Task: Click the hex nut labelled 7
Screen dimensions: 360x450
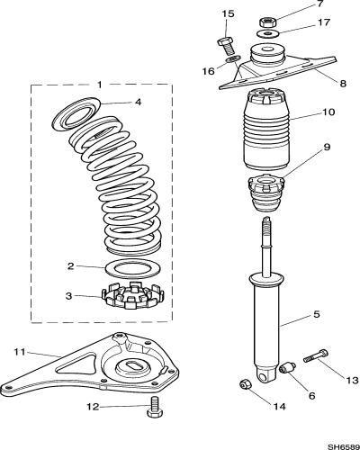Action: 267,22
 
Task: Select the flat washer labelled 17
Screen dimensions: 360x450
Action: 268,32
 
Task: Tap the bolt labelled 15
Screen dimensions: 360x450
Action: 227,46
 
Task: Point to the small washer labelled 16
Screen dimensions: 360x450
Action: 232,58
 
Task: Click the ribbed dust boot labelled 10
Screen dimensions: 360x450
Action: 266,129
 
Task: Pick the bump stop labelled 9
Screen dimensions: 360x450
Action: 266,193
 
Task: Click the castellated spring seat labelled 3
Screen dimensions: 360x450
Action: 133,295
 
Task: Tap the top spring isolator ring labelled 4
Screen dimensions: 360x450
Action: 77,113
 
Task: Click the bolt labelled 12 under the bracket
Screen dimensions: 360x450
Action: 155,406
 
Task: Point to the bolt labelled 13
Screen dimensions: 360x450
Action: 316,355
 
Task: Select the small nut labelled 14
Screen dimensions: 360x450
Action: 246,384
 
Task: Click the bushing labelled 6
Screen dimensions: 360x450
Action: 287,368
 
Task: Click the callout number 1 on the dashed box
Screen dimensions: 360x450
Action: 100,85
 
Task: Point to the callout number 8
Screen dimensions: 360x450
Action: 343,83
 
